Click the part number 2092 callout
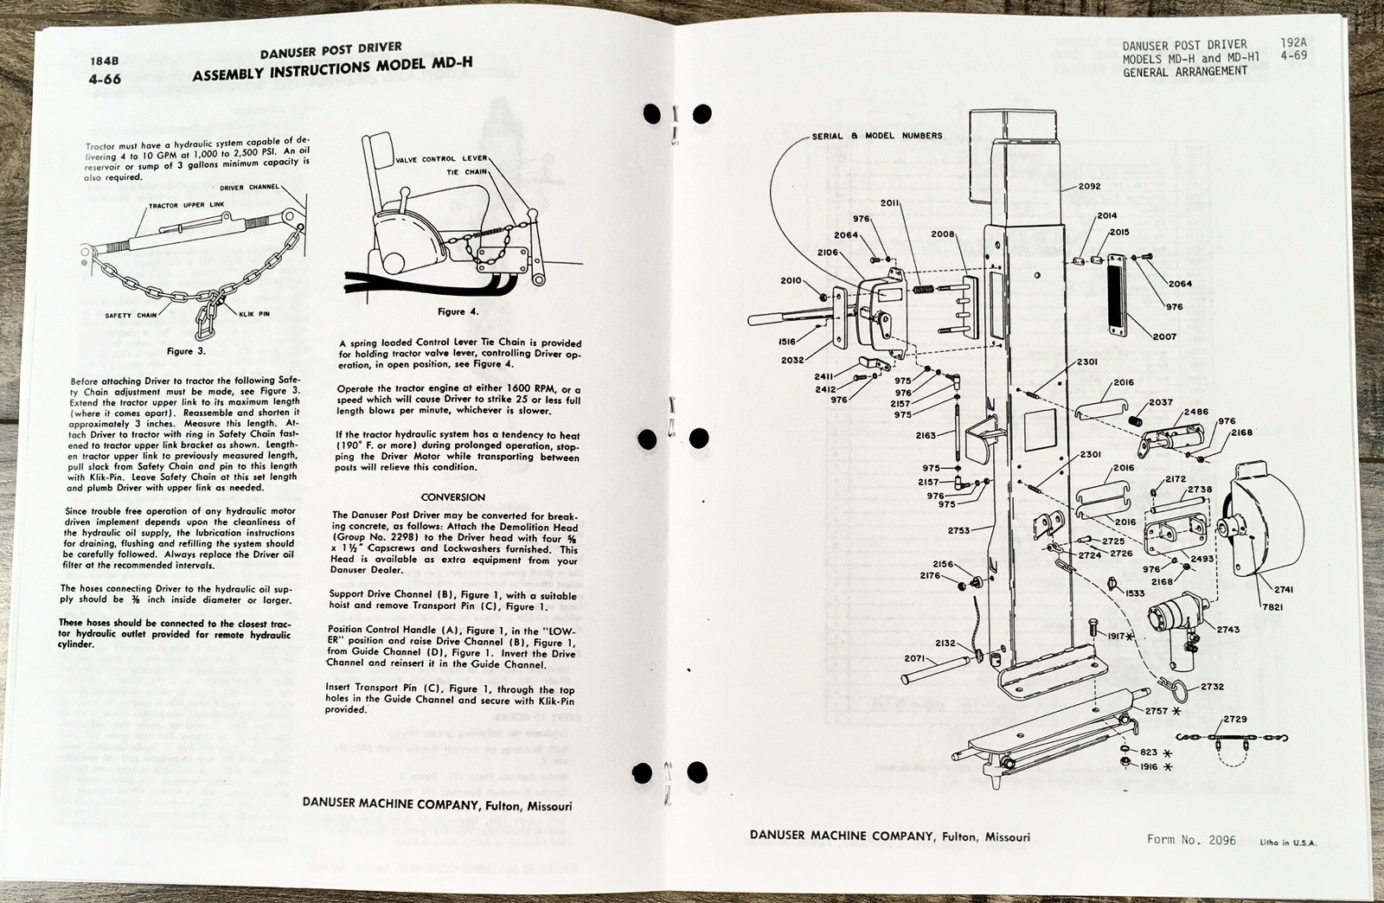1089,186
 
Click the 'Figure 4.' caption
458,311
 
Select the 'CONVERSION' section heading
452,497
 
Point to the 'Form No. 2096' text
1191,839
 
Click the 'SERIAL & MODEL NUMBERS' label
877,136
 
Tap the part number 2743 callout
1227,629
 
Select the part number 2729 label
1235,720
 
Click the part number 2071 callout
915,658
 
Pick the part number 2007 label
1164,336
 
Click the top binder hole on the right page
703,113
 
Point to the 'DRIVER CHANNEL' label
250,187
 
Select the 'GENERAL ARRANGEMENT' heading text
1185,72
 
